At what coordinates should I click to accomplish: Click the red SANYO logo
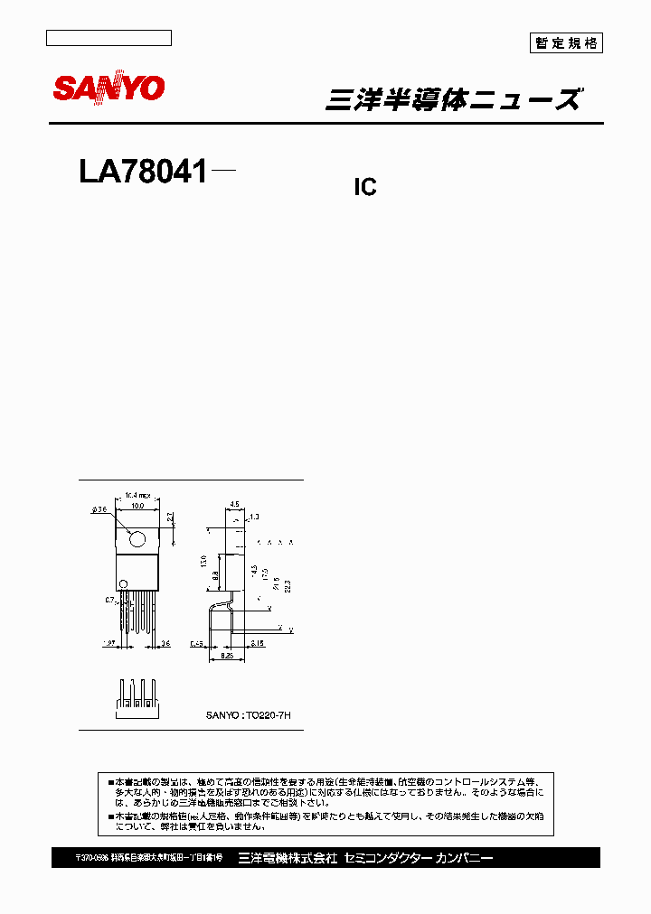pos(108,88)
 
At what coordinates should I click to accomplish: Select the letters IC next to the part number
pos(363,188)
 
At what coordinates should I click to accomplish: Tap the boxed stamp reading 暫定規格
pos(565,42)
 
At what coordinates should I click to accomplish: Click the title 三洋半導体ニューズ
pos(452,100)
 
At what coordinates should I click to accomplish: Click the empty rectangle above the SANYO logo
pos(108,38)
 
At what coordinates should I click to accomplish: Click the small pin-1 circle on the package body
pos(124,583)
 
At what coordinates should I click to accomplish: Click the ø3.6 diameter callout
pos(99,510)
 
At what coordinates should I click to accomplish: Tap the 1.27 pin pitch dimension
pos(108,644)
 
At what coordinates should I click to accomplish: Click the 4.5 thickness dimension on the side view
pos(233,504)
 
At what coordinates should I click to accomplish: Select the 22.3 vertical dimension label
pos(288,584)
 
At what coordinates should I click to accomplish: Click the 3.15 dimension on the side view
pos(258,643)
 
